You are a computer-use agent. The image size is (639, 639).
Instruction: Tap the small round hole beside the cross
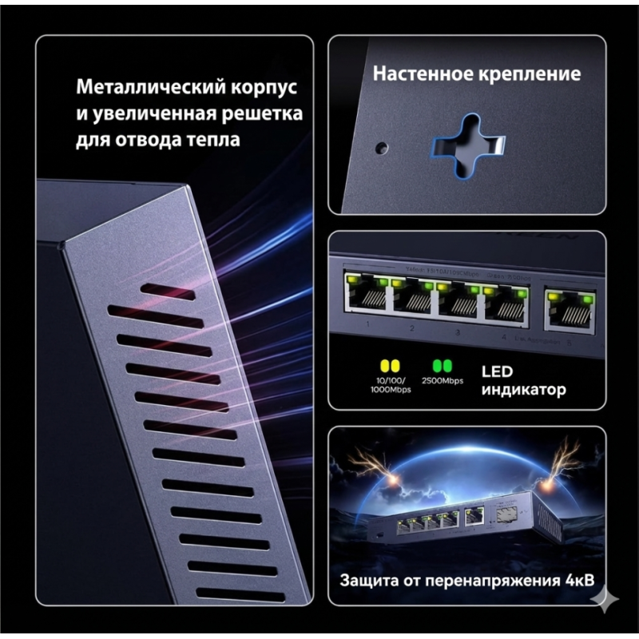pos(382,148)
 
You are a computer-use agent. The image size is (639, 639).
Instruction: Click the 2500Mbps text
pos(442,381)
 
